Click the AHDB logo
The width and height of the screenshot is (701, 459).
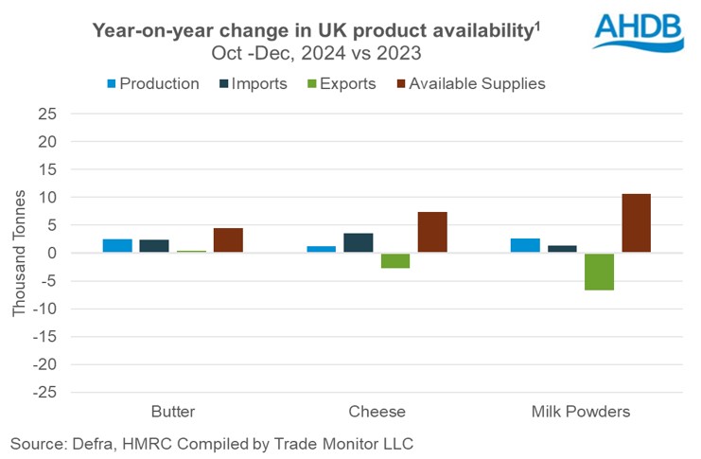pos(639,30)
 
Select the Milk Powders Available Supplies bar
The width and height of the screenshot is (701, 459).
pos(636,223)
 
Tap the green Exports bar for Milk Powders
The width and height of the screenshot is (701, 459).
pos(599,272)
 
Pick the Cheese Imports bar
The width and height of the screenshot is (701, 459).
pos(359,243)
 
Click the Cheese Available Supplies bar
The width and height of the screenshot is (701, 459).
pos(432,233)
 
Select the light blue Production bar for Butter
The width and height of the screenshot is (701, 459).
pos(117,246)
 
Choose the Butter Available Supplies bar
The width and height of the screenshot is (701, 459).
pos(228,240)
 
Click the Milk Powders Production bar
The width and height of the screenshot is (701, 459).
pos(525,246)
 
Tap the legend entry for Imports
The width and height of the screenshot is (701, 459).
pos(251,83)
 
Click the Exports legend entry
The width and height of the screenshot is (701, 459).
pos(338,83)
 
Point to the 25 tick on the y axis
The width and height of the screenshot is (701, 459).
pos(73,115)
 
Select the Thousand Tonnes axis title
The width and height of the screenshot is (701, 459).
pos(21,254)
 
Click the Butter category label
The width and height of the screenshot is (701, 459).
pos(173,412)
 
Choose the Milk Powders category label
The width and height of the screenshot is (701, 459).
pos(581,412)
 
